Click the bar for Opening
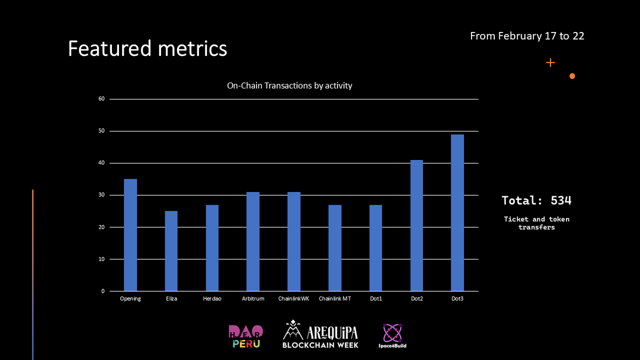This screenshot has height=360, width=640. click(130, 235)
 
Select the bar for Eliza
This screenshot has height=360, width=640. click(171, 251)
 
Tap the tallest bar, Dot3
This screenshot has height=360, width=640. click(457, 213)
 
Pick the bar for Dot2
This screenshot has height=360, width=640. click(417, 226)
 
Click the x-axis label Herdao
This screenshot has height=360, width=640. click(212, 299)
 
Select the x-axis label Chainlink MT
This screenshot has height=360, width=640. click(334, 299)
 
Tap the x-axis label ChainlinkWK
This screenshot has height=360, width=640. click(293, 299)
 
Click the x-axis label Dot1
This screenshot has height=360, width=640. click(375, 299)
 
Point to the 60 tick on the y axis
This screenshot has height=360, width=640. click(100, 99)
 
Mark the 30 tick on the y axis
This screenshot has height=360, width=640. click(100, 195)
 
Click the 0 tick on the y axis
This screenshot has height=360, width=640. click(102, 291)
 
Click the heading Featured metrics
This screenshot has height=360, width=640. click(147, 49)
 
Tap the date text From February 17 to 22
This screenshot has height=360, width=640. click(527, 36)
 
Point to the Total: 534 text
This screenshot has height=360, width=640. click(536, 201)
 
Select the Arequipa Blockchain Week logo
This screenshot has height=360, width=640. click(321, 334)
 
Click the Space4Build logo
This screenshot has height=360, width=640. click(393, 336)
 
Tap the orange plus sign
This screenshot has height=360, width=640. click(550, 63)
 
